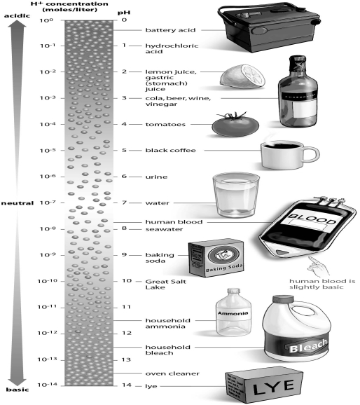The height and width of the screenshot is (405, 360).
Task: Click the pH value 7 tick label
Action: (x=123, y=202)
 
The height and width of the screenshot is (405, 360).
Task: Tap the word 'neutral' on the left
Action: (x=18, y=203)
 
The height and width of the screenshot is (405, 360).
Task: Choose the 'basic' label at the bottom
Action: (x=17, y=390)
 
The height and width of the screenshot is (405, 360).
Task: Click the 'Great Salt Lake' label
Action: (x=163, y=284)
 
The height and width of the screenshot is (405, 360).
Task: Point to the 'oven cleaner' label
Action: (x=167, y=373)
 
